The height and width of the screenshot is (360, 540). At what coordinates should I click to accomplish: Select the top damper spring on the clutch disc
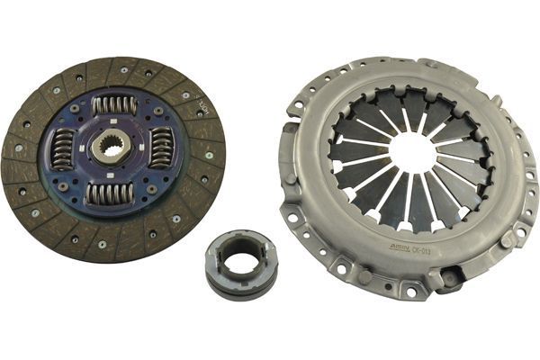point(114,105)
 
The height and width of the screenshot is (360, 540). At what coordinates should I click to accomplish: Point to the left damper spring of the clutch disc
point(64,148)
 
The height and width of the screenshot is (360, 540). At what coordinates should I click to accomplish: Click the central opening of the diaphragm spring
point(413,153)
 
